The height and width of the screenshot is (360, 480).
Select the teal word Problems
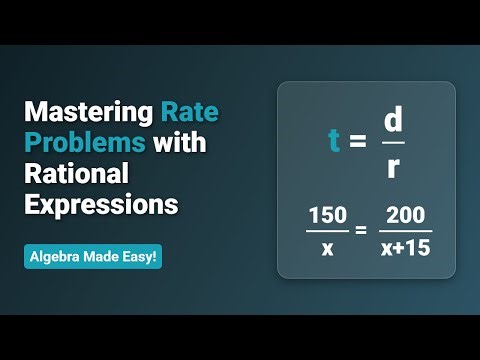pyautogui.click(x=86, y=143)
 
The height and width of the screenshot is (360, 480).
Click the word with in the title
pyautogui.click(x=180, y=143)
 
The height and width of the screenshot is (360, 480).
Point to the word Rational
pyautogui.click(x=77, y=174)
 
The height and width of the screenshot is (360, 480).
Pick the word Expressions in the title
pyautogui.click(x=101, y=205)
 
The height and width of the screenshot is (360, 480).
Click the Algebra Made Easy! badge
pyautogui.click(x=92, y=256)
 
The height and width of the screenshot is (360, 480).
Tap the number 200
pyautogui.click(x=406, y=216)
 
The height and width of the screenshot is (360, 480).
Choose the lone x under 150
pyautogui.click(x=327, y=247)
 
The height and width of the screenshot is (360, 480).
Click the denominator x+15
pyautogui.click(x=406, y=247)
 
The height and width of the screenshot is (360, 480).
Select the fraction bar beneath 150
pyautogui.click(x=327, y=231)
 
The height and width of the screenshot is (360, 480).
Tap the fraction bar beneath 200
pyautogui.click(x=406, y=231)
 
